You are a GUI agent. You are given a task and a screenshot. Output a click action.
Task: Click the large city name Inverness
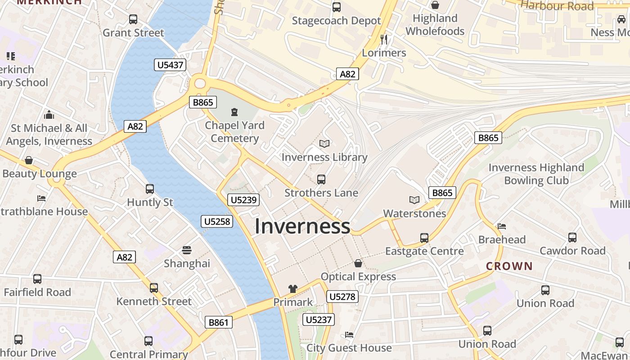[x=302, y=226]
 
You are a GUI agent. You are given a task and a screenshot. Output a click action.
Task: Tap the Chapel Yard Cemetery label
[x=234, y=131]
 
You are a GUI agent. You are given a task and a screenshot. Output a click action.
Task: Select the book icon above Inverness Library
[x=324, y=144]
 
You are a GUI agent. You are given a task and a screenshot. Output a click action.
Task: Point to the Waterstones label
[x=414, y=213]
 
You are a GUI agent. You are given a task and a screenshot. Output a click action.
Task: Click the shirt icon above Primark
[x=293, y=289]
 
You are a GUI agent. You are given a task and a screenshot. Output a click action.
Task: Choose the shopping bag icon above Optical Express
[x=358, y=263]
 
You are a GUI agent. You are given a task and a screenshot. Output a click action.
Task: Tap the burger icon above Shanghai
[x=187, y=250]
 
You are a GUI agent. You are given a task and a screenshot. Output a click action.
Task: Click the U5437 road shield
[x=171, y=65]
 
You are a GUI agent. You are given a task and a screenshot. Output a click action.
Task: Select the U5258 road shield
[x=217, y=221]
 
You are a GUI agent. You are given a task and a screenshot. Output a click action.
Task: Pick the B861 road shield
[x=219, y=322]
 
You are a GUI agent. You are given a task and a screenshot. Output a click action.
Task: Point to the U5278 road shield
[x=342, y=297]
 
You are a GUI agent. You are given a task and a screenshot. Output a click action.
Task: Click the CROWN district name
[x=509, y=266]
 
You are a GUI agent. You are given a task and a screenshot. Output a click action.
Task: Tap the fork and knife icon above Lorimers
[x=384, y=40]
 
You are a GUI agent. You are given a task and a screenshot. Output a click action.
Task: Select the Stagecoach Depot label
[x=336, y=21]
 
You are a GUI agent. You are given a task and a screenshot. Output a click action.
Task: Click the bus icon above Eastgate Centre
[x=424, y=238]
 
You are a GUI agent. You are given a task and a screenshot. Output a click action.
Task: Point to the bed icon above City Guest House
[x=349, y=335]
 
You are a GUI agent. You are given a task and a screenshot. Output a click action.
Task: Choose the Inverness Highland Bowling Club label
[x=536, y=174]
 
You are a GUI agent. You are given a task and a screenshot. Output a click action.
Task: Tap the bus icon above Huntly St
[x=150, y=189]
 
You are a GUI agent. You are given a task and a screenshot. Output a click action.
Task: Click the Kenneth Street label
[x=154, y=301]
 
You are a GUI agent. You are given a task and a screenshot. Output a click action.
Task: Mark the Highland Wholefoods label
[x=435, y=25]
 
